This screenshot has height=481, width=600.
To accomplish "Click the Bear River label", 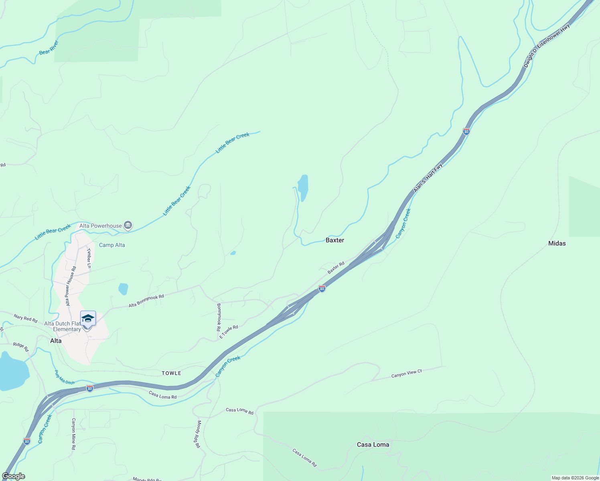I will point(49,47).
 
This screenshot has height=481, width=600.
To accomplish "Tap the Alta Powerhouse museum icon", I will point(128,225).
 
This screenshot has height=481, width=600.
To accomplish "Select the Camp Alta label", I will point(112,245).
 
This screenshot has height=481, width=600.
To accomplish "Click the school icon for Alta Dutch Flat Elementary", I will point(88,319).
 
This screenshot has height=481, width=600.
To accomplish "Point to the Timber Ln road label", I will point(89,258).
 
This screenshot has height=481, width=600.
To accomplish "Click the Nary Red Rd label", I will point(25,319).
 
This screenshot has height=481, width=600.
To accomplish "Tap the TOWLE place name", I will point(171,373).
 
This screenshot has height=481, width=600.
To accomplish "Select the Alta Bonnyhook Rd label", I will point(146,301).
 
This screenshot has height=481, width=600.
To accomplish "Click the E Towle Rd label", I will point(229,332).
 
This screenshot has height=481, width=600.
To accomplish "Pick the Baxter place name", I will point(335,240).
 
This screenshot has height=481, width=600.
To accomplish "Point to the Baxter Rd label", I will point(336,268).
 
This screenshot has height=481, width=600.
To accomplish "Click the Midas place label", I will point(557,243).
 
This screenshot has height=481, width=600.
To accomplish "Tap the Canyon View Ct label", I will point(407,374).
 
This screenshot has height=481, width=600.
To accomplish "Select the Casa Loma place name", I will point(373,445).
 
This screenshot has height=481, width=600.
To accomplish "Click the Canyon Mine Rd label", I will point(73,434).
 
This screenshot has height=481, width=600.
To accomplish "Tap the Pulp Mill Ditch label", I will point(65,377).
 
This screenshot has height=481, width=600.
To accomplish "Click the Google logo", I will point(13,476).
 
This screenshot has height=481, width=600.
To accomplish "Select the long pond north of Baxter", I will point(303,188).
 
